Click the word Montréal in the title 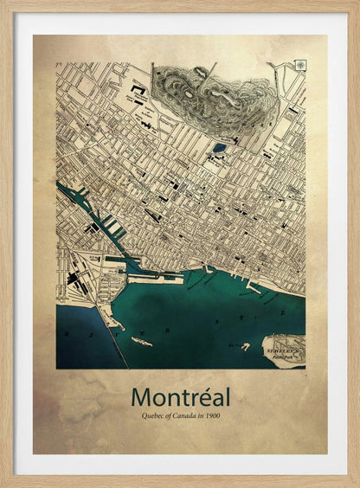[181, 397]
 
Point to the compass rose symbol [299, 65]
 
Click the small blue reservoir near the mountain [220, 147]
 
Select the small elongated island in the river [140, 342]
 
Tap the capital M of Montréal [142, 397]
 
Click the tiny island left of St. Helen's [246, 346]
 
